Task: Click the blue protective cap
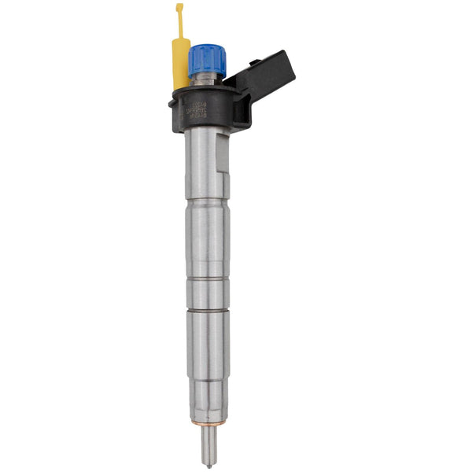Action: (x=207, y=57)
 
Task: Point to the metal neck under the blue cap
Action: (x=207, y=78)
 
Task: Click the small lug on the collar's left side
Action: (x=172, y=101)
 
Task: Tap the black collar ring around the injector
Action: (x=206, y=110)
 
